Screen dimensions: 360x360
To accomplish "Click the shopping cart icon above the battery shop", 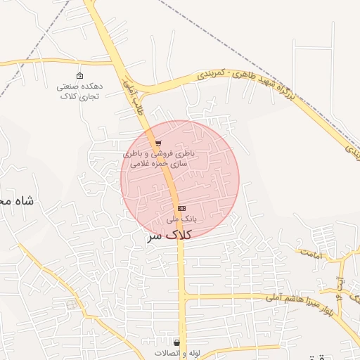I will point(157,143).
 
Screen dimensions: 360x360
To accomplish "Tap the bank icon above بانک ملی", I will point(181,208).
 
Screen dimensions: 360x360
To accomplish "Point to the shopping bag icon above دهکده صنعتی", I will point(79,76).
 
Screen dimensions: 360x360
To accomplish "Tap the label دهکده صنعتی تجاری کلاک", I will point(79,90).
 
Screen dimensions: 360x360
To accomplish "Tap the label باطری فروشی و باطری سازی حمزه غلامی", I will point(158,157).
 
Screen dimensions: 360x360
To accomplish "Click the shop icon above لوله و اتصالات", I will point(176,342).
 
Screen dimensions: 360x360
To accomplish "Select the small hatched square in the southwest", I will point(71,304).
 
